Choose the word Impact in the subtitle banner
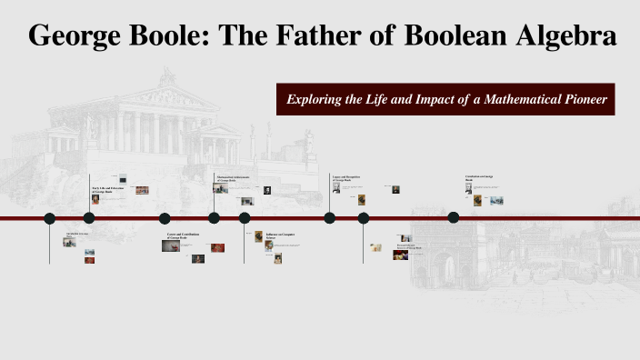(425, 99)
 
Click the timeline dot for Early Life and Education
(89, 217)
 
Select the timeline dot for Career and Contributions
(165, 218)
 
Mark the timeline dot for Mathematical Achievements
(214, 217)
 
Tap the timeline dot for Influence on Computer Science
(245, 217)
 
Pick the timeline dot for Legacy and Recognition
(329, 217)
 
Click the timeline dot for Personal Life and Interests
(364, 218)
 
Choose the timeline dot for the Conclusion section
(454, 217)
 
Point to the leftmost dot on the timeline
(50, 218)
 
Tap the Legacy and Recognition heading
(346, 176)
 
